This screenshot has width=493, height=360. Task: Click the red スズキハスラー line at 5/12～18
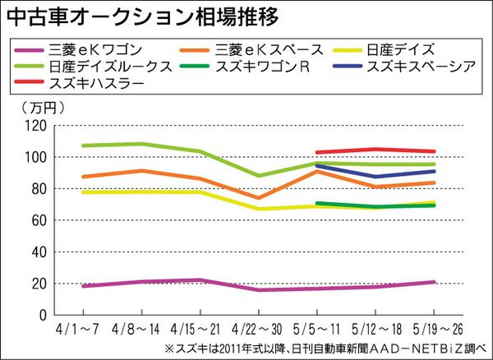coord(376,150)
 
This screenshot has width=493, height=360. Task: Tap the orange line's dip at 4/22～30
coord(258,198)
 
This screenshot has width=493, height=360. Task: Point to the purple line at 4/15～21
coord(200,279)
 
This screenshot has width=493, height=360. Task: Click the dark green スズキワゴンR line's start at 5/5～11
coord(317,203)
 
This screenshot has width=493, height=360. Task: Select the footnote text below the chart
coord(325,348)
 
